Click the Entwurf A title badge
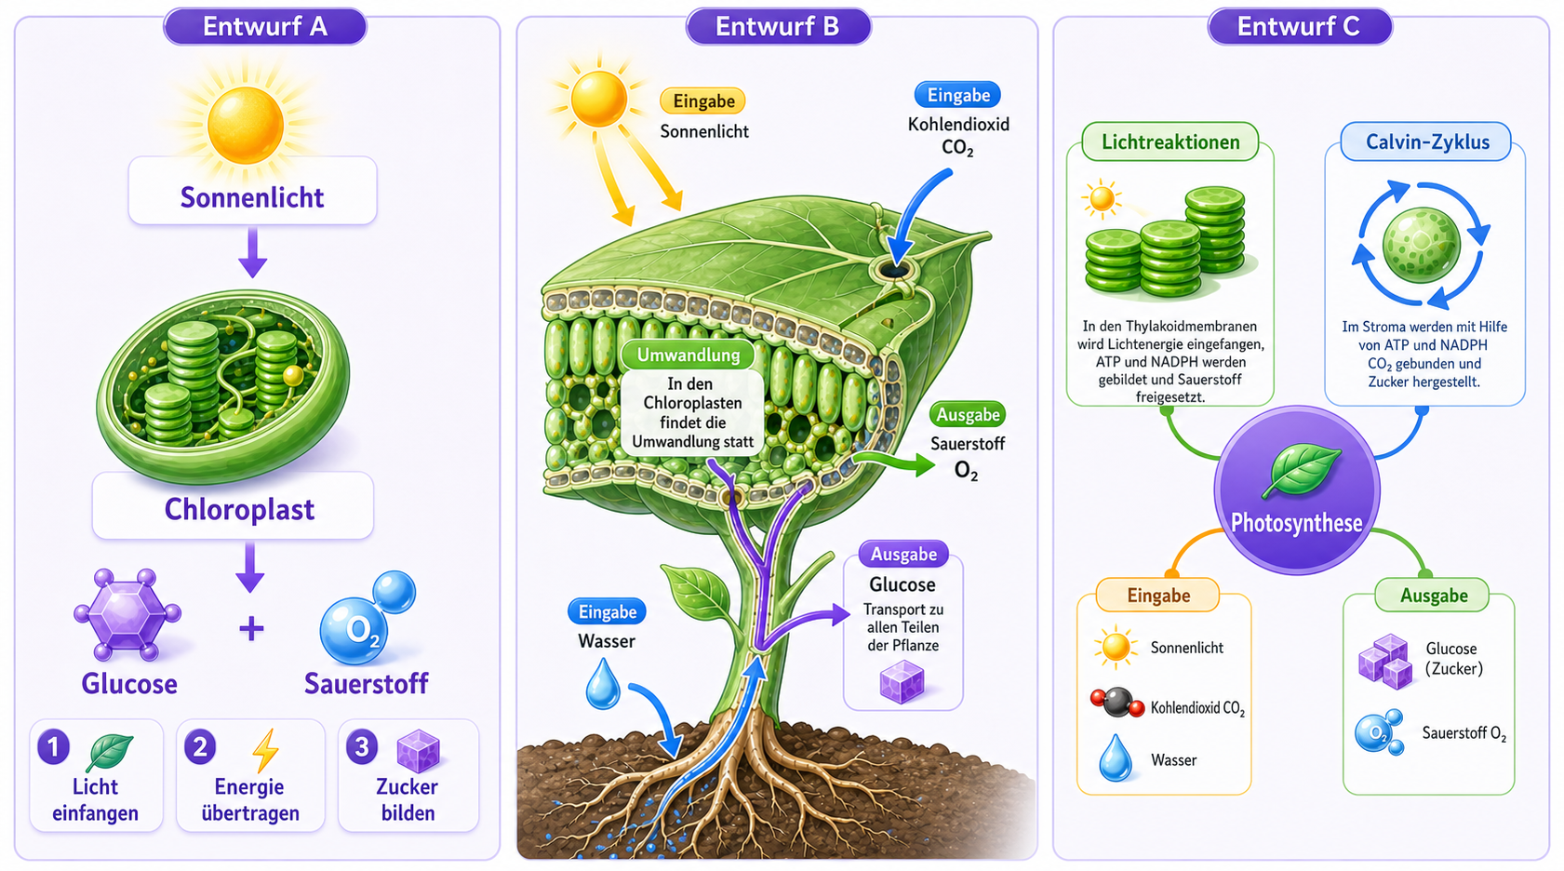(265, 27)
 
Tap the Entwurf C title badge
(1300, 27)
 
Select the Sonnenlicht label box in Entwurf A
(252, 191)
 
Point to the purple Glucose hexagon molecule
(127, 615)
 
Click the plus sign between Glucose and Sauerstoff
(251, 629)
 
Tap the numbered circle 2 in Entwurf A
(200, 747)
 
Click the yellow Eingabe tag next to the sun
(702, 101)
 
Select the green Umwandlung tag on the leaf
(688, 355)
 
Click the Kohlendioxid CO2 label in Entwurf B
(958, 136)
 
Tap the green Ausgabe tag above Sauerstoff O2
(968, 415)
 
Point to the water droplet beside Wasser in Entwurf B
(603, 684)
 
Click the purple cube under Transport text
(902, 682)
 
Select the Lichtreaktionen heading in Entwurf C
(1170, 141)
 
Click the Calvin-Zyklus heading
(1427, 141)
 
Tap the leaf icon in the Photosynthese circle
(1302, 471)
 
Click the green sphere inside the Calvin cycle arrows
(1422, 245)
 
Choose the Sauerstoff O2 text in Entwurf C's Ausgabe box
(1464, 733)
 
